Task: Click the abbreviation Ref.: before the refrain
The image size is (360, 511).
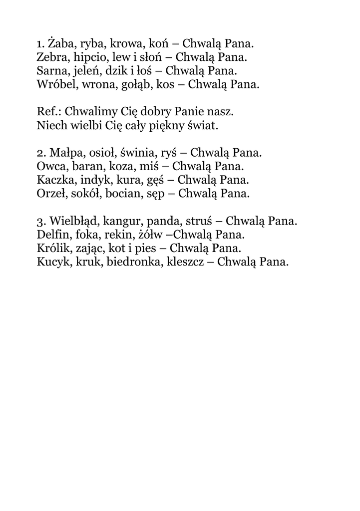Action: pyautogui.click(x=49, y=111)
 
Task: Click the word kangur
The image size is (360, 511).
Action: pyautogui.click(x=122, y=221)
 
